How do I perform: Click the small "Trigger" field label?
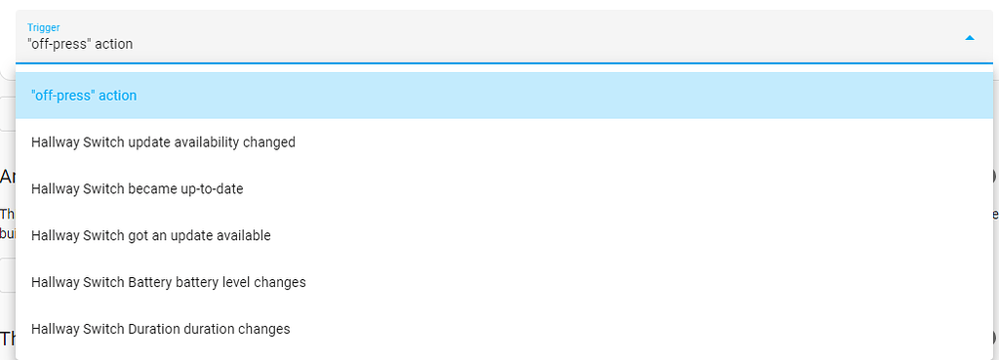(42, 27)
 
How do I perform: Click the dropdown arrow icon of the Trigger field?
(969, 38)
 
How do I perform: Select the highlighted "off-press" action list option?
(84, 96)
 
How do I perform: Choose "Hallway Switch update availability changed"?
(163, 142)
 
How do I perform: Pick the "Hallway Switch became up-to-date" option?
(137, 189)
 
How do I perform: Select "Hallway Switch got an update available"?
(150, 236)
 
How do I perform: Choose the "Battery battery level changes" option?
(168, 283)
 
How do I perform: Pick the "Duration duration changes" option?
(160, 330)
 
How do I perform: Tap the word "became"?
(149, 189)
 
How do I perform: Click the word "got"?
(139, 236)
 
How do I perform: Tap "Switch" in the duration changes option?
(105, 330)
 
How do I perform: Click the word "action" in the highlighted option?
(117, 96)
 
